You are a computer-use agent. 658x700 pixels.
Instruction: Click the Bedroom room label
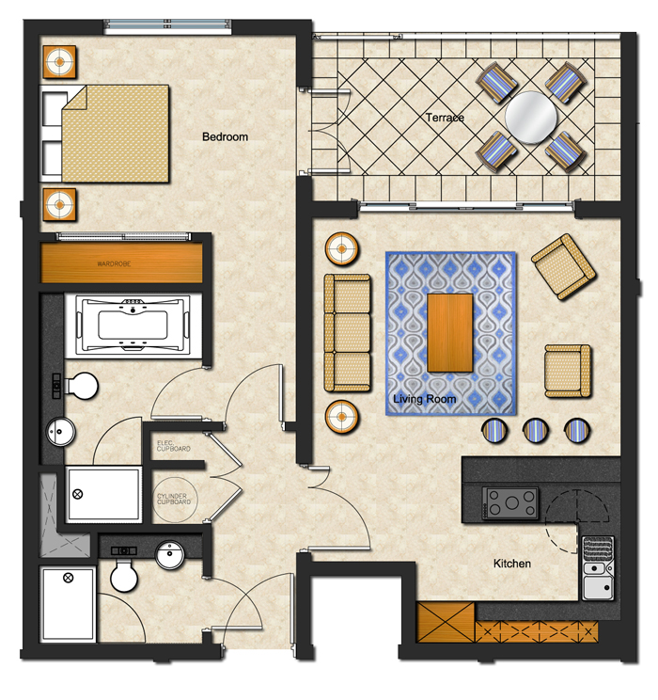tap(225, 136)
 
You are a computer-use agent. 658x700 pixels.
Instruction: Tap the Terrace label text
tap(445, 118)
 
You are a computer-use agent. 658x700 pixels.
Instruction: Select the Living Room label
tap(424, 399)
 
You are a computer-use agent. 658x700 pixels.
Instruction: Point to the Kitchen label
tap(512, 564)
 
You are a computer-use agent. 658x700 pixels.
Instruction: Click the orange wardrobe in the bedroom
tap(121, 262)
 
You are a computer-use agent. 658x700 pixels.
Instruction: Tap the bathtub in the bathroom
tap(133, 326)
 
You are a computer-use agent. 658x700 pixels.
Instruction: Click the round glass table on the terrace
tap(531, 118)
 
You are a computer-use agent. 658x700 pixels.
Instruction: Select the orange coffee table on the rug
tap(450, 332)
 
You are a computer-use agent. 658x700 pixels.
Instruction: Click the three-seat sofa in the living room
tap(347, 333)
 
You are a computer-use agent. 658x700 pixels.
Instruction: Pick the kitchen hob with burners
tap(510, 503)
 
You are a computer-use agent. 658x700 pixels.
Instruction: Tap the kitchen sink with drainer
tap(598, 568)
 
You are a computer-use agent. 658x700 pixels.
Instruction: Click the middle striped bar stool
tap(536, 430)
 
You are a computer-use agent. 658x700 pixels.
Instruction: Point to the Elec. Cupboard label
tap(174, 446)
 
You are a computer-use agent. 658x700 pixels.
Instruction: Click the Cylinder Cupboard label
tap(174, 499)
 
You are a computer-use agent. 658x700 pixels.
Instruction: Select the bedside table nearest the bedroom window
tap(59, 61)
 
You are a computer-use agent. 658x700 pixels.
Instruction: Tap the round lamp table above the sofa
tap(342, 248)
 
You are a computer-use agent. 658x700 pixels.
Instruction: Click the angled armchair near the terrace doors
tap(563, 266)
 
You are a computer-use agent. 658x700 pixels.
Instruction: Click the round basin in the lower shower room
tap(169, 555)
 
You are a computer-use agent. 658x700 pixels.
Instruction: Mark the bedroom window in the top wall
tap(167, 26)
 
